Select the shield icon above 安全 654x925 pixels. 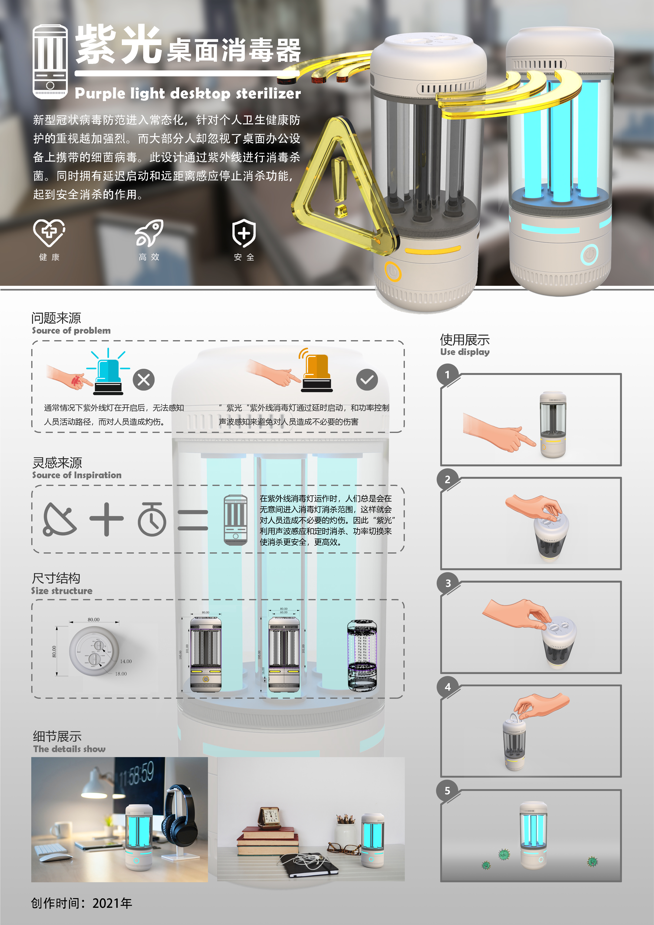(244, 233)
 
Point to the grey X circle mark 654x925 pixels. (143, 380)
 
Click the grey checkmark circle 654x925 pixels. (367, 380)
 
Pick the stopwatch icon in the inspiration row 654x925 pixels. (152, 519)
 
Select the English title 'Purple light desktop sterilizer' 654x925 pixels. (188, 94)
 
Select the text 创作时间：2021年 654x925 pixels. (82, 903)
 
